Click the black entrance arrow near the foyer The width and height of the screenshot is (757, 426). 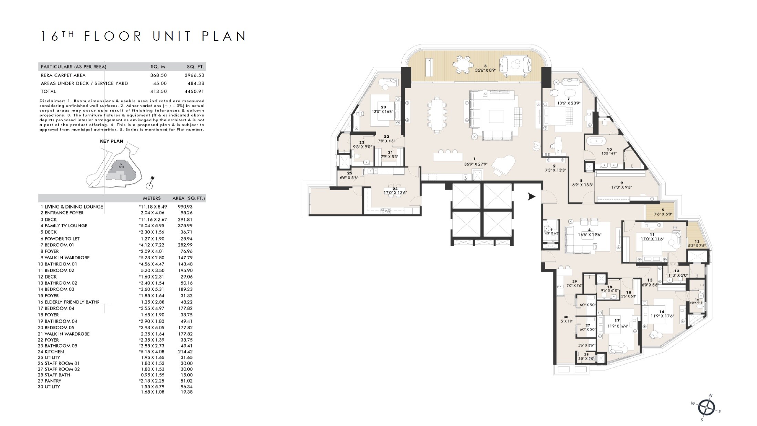pyautogui.click(x=532, y=196)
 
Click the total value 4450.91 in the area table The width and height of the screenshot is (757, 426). pyautogui.click(x=194, y=91)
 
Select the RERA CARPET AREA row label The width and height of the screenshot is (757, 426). pyautogui.click(x=63, y=75)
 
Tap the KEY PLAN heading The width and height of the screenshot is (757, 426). pyautogui.click(x=111, y=141)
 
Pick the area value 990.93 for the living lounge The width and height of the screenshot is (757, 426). pyautogui.click(x=185, y=207)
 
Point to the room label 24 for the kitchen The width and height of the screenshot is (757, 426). pyautogui.click(x=395, y=189)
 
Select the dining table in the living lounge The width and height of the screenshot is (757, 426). pyautogui.click(x=437, y=114)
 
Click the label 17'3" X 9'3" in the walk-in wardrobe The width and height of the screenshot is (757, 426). pyautogui.click(x=621, y=187)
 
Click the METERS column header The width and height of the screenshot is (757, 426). pyautogui.click(x=152, y=198)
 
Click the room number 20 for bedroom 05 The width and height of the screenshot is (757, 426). pyautogui.click(x=383, y=107)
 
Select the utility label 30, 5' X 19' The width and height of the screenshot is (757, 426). pyautogui.click(x=566, y=319)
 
